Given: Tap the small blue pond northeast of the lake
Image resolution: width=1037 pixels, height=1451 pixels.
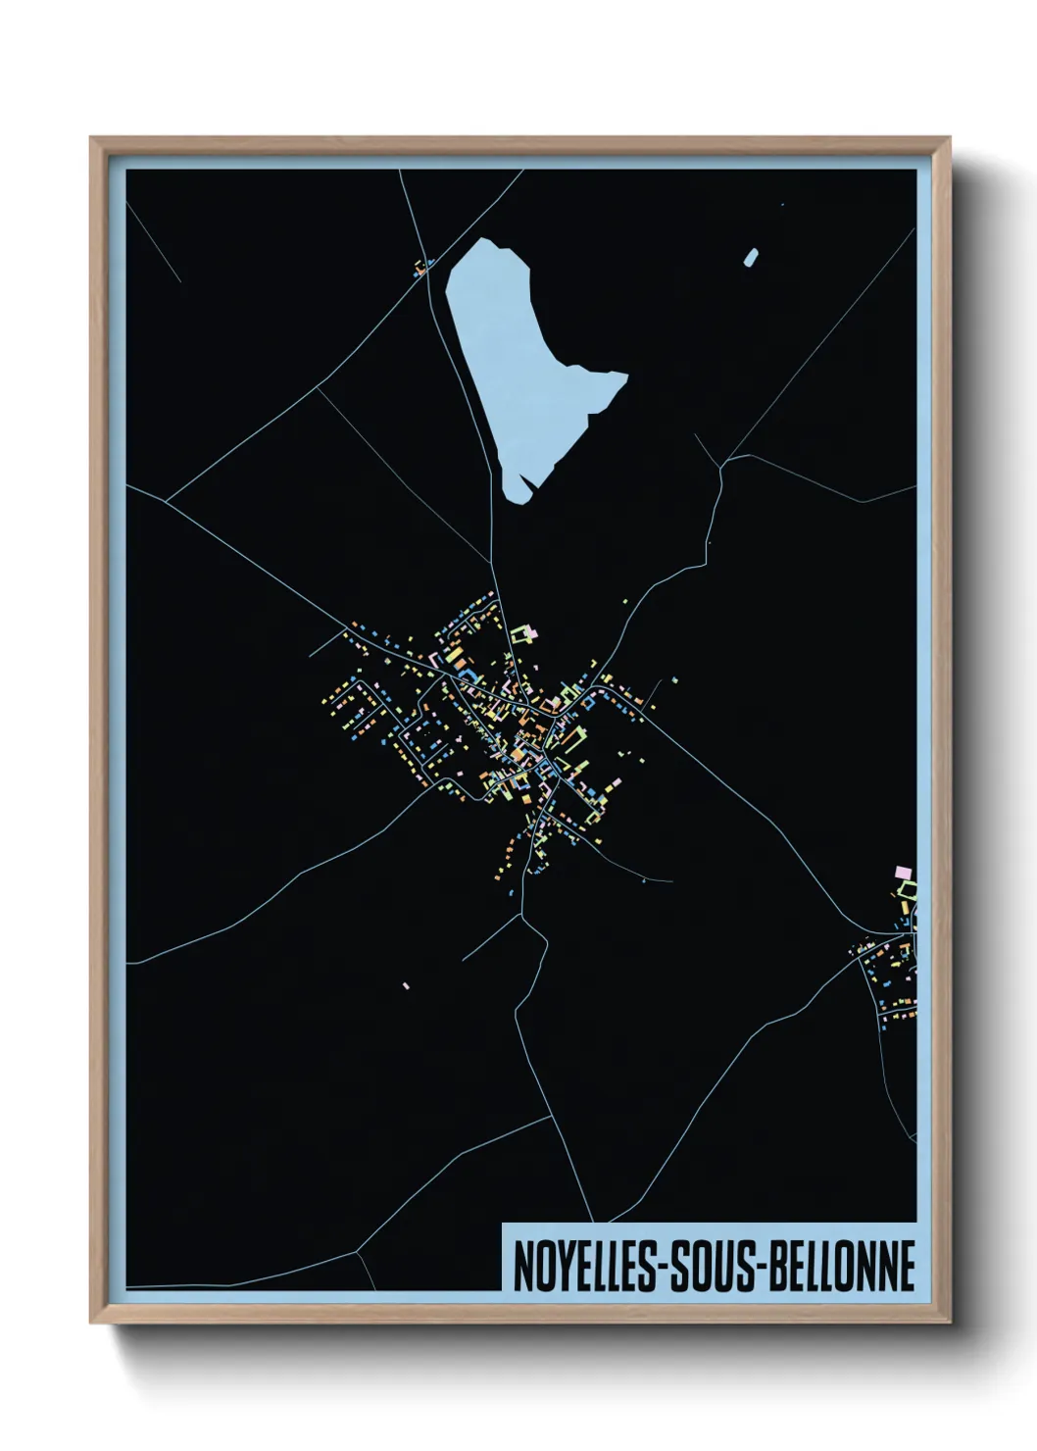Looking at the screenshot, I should pyautogui.click(x=751, y=258).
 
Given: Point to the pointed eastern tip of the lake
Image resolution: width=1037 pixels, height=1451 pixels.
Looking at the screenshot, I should pyautogui.click(x=624, y=375).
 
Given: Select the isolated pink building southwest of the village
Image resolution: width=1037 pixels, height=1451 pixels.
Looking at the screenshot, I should pyautogui.click(x=406, y=985).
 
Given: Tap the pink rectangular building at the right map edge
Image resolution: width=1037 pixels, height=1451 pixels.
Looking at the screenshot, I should pyautogui.click(x=904, y=872).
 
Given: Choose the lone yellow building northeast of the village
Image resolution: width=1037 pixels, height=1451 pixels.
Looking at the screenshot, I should pyautogui.click(x=674, y=679).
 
